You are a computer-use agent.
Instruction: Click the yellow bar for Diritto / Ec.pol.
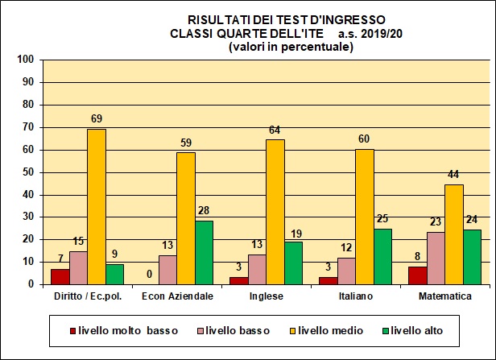point(97,206)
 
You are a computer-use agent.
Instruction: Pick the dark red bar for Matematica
point(417,275)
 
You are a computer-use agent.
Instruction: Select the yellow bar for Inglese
point(275,212)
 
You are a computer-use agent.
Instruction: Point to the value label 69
point(97,120)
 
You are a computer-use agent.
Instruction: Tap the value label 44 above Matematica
point(454,176)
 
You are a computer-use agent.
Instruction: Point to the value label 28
point(205,211)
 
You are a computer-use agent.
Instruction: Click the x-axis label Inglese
point(266,296)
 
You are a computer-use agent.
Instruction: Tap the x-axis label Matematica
point(444,296)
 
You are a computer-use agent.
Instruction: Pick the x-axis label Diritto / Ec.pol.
point(88,296)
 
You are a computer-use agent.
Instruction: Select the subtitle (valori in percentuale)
point(291,47)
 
